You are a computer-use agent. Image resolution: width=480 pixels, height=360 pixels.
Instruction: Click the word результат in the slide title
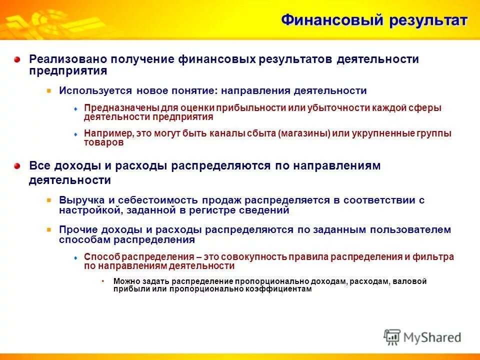(x=426, y=20)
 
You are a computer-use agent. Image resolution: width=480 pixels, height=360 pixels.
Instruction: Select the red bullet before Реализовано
(x=17, y=59)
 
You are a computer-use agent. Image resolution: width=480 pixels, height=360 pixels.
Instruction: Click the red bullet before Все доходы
(x=17, y=166)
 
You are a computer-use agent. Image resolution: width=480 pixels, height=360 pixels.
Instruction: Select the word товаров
(x=103, y=142)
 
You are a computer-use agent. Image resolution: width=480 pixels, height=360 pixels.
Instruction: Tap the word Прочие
(x=75, y=230)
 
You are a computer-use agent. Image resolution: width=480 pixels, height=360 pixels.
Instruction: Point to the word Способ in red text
(x=98, y=257)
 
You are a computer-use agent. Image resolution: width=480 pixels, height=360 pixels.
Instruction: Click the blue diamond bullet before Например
(x=75, y=134)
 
